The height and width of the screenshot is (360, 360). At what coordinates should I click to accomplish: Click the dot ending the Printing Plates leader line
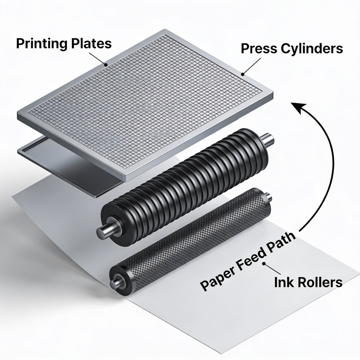click(106, 65)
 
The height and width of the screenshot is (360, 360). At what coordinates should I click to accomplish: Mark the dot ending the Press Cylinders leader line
click(242, 74)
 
